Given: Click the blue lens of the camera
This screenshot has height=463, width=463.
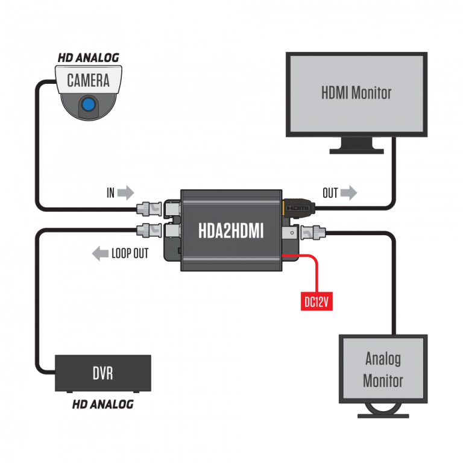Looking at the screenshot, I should point(89,105).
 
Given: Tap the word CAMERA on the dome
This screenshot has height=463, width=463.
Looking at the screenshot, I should point(88,80).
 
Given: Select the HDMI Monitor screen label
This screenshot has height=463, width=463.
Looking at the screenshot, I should point(356,93).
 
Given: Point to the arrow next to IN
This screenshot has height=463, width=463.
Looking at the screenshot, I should point(125,193).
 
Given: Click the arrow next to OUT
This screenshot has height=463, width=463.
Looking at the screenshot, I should point(348,193).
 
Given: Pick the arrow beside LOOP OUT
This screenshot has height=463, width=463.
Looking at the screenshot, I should point(100,253).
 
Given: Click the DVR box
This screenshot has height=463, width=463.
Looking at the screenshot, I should point(103,373).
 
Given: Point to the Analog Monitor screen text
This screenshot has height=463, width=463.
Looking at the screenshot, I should point(383,370).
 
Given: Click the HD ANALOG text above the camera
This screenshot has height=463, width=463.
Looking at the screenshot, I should point(89,58).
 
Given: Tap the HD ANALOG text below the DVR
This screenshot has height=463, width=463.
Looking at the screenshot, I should point(102,405).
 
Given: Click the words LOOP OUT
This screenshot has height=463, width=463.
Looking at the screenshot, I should point(130,253).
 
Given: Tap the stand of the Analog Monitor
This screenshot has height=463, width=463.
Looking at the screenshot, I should point(383,411).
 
